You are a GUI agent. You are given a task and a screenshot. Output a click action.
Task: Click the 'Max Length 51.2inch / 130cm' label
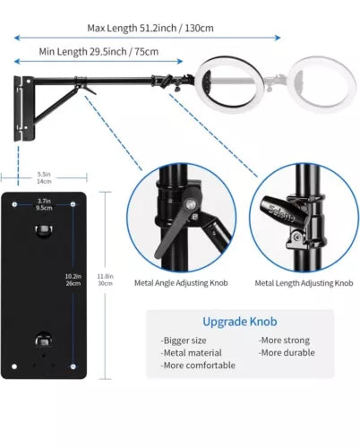[150, 29]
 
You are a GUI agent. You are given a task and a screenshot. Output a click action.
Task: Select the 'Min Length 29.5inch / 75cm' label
[99, 52]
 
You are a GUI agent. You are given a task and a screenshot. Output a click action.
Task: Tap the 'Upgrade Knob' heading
[240, 322]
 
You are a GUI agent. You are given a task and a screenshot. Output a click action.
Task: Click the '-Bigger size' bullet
[184, 340]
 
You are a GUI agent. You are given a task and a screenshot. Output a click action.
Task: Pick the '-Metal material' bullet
[192, 353]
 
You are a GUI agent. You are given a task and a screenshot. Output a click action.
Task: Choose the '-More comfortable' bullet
[198, 366]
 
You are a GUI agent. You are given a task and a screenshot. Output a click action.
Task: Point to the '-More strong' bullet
[284, 340]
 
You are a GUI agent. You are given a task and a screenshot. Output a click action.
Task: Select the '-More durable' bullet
[287, 353]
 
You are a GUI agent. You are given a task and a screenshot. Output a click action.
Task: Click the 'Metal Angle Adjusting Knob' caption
[181, 283]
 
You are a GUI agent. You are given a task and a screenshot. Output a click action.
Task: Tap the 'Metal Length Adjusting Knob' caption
[304, 283]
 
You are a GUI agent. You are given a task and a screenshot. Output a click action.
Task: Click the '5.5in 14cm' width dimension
[44, 177]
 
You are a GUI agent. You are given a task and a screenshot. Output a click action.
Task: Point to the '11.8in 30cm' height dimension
[105, 280]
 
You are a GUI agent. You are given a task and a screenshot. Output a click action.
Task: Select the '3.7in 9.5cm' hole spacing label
[44, 204]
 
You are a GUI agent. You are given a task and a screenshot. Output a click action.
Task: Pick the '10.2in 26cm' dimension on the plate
[73, 280]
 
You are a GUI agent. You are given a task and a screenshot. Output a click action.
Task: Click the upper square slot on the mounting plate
[44, 230]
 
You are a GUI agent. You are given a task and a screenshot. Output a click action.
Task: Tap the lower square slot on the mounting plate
[44, 340]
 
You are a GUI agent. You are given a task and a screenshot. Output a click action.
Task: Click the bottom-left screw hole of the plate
[14, 366]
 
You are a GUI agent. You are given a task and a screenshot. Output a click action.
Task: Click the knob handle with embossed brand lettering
[284, 212]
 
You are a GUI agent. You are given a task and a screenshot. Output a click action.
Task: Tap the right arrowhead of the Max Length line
[279, 38]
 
